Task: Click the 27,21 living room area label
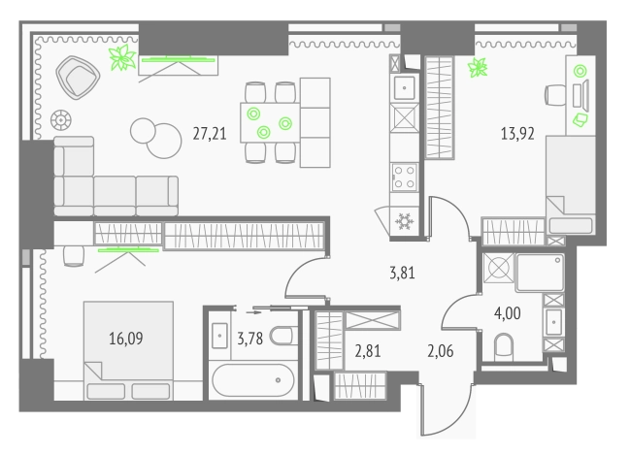coord(210,134)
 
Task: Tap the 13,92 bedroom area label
coord(517,133)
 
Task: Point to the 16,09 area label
coord(126,339)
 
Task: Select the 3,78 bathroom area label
coord(249,339)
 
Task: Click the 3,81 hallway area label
coord(402,273)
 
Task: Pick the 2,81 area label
coord(368,351)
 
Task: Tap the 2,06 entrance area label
coord(441,351)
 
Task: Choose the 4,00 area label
coord(508,313)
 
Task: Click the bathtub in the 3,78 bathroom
coord(253,379)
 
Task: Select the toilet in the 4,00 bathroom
coord(504,347)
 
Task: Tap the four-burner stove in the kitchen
coord(404,177)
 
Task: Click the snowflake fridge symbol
coord(404,221)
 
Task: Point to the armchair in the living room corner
coord(78,77)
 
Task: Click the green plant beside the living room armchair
coord(122,58)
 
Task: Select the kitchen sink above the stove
coord(404,88)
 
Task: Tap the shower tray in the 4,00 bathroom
coord(540,273)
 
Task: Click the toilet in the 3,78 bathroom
coord(283,336)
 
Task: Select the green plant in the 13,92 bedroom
coord(478,67)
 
